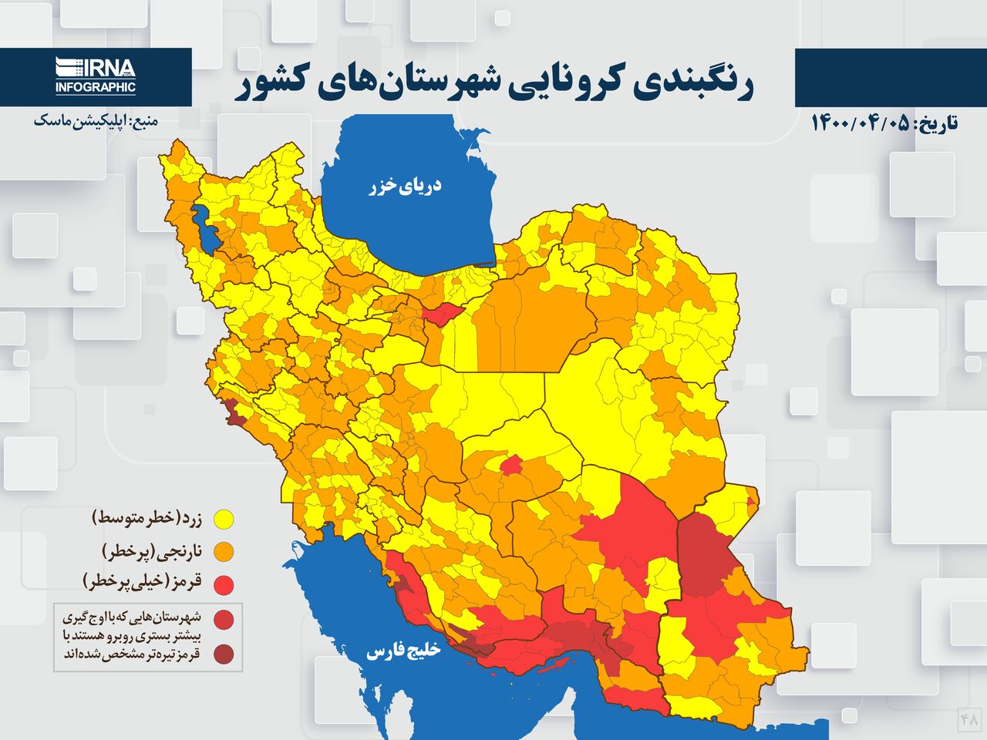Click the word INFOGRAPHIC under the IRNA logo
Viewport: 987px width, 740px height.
click(x=96, y=88)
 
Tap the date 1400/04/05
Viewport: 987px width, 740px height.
click(x=860, y=123)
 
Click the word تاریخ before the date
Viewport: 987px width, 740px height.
click(x=935, y=123)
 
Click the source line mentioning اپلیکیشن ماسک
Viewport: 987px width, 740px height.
click(x=96, y=122)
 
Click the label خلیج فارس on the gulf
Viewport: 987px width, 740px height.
click(x=403, y=651)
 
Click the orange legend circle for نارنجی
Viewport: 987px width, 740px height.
click(x=224, y=552)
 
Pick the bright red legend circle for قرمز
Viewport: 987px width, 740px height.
click(x=224, y=584)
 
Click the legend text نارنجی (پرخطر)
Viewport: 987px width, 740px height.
click(x=151, y=550)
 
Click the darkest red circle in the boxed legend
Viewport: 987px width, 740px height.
click(x=224, y=655)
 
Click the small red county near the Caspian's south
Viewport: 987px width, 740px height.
click(x=440, y=315)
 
